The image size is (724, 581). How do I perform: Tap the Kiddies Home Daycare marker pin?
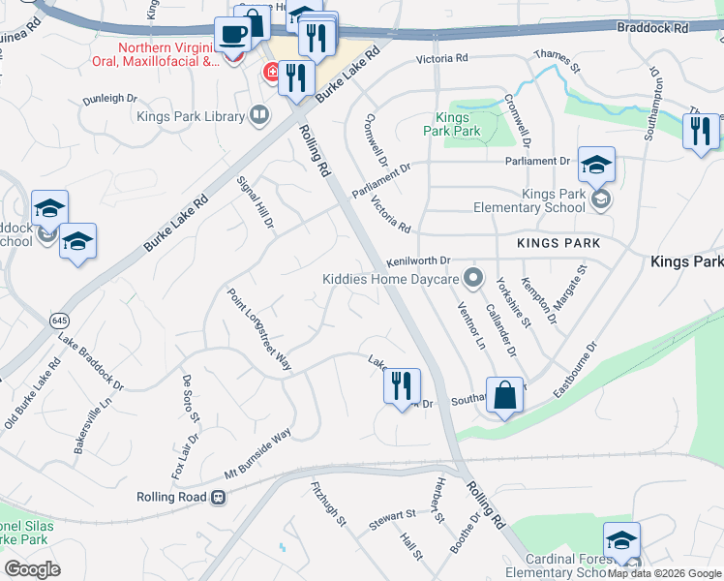473,279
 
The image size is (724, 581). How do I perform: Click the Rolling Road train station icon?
219,497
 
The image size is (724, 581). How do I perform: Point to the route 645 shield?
59,319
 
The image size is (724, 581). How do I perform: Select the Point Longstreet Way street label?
259,329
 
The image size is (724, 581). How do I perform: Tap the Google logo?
33,568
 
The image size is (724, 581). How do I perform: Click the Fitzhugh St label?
329,505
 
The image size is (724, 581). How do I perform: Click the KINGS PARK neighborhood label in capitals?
558,243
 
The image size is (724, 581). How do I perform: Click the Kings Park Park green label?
452,124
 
